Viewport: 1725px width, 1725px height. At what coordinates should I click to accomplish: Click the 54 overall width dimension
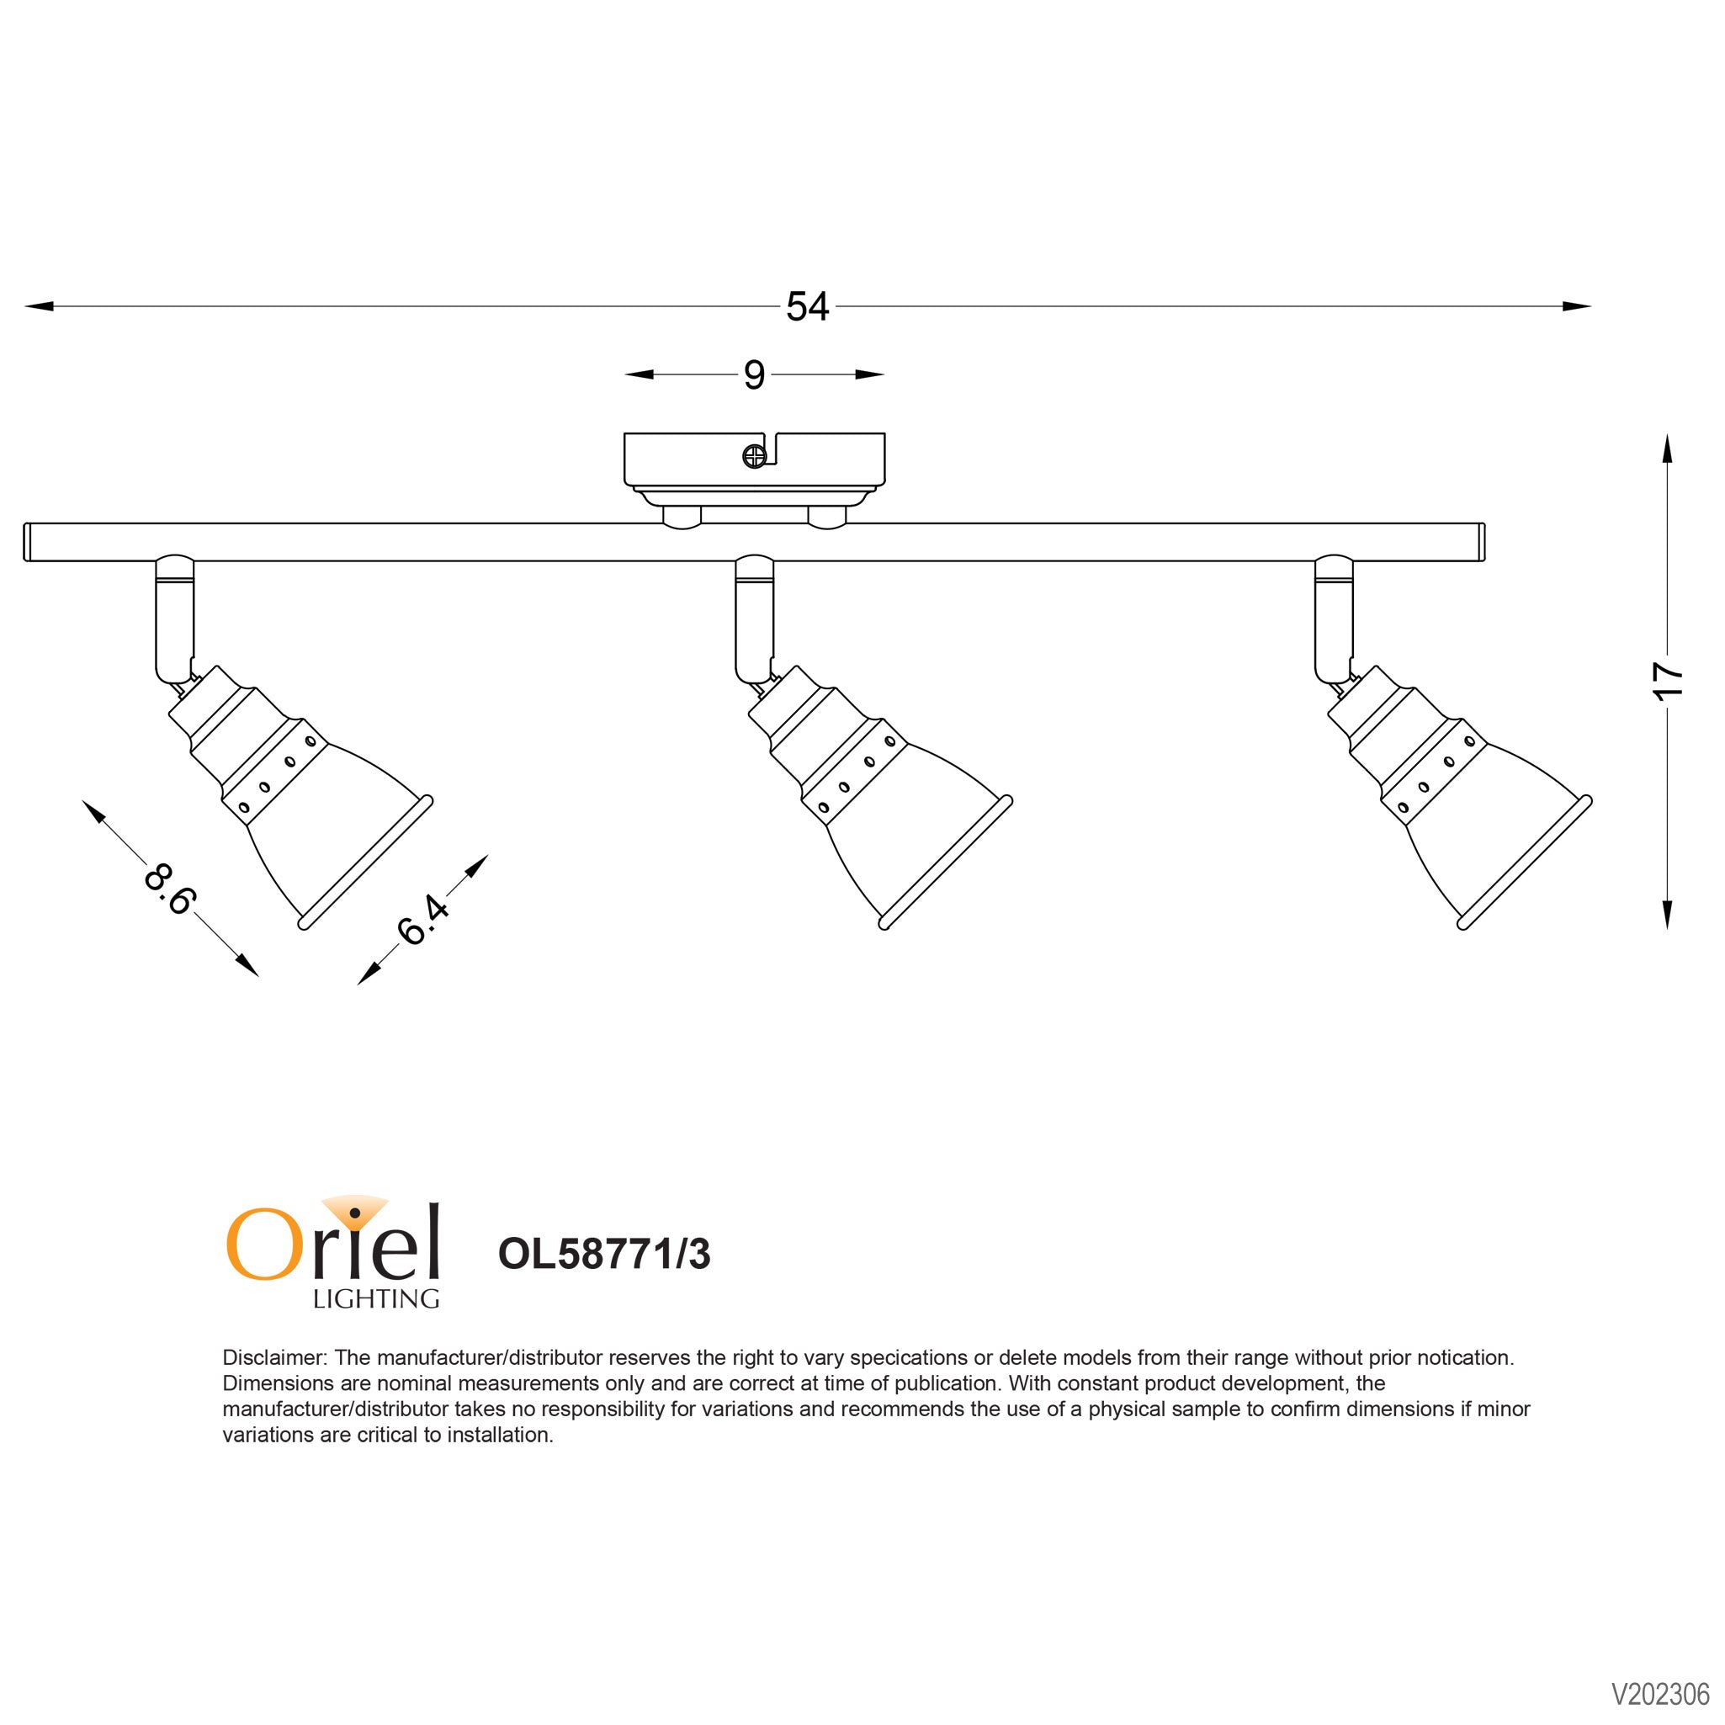pos(807,306)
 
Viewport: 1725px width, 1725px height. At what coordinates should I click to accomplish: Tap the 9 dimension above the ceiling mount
pos(754,375)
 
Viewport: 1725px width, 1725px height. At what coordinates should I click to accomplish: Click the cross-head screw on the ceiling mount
pos(754,456)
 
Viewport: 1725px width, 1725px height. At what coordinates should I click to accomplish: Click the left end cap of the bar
pos(29,542)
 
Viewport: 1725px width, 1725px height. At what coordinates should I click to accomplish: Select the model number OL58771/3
pos(604,1255)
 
